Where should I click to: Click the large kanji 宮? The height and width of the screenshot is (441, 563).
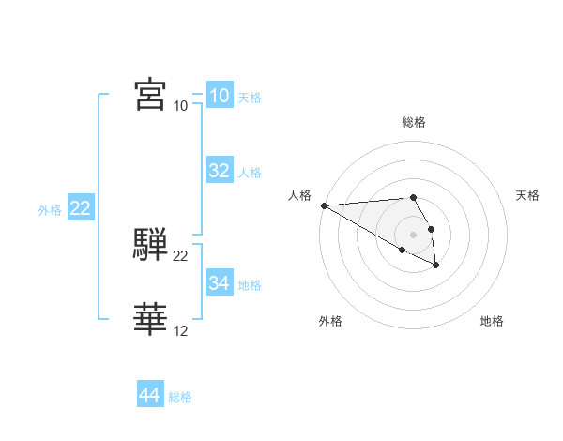coord(150,94)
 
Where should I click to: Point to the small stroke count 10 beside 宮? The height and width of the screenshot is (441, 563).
coord(180,105)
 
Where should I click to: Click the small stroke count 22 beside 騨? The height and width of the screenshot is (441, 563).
coord(180,256)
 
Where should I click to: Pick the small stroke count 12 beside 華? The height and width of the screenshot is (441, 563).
coord(180,331)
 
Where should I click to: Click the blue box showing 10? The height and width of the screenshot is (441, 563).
coord(219,95)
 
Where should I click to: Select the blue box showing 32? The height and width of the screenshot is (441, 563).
coord(219,171)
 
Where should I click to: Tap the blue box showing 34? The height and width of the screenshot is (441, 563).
coord(219,283)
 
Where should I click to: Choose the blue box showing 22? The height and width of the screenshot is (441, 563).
coord(80,208)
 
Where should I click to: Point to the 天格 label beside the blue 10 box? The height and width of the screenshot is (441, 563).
coord(250,98)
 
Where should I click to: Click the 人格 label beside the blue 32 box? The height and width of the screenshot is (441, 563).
coord(250,173)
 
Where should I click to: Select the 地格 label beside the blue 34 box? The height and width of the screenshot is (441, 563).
coord(250,285)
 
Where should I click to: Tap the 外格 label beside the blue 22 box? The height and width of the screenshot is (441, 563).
coord(50,211)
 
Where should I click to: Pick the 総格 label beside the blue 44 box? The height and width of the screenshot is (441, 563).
coord(180,398)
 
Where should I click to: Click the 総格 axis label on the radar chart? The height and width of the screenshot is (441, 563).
coord(414,122)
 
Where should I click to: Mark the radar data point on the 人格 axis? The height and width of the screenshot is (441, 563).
coord(324,205)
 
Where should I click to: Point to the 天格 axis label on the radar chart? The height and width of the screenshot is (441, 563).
coord(527,195)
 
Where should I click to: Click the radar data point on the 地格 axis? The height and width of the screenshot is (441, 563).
coord(436,266)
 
